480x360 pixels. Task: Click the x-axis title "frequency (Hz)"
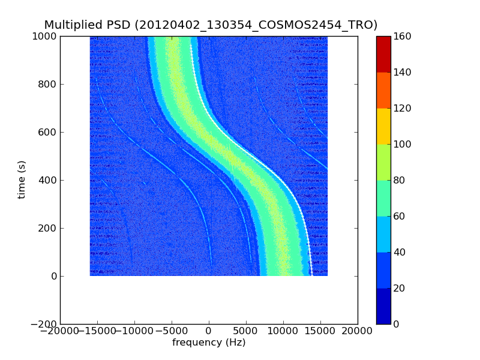click(209, 343)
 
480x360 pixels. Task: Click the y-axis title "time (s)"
click(22, 179)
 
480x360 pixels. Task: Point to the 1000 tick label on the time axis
click(44, 37)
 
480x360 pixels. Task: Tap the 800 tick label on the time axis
click(47, 85)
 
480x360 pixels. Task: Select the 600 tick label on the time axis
click(47, 133)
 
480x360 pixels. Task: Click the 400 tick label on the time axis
click(47, 181)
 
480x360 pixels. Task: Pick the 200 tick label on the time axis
click(47, 229)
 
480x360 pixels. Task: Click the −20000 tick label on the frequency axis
click(60, 331)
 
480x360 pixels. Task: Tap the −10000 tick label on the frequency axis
click(134, 331)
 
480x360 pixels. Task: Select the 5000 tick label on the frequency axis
click(246, 331)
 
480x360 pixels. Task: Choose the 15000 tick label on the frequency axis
click(320, 331)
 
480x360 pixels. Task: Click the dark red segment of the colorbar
click(383, 54)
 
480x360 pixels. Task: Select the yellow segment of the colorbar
click(383, 126)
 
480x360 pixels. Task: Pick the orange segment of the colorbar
click(383, 90)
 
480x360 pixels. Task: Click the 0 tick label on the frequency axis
click(209, 331)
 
